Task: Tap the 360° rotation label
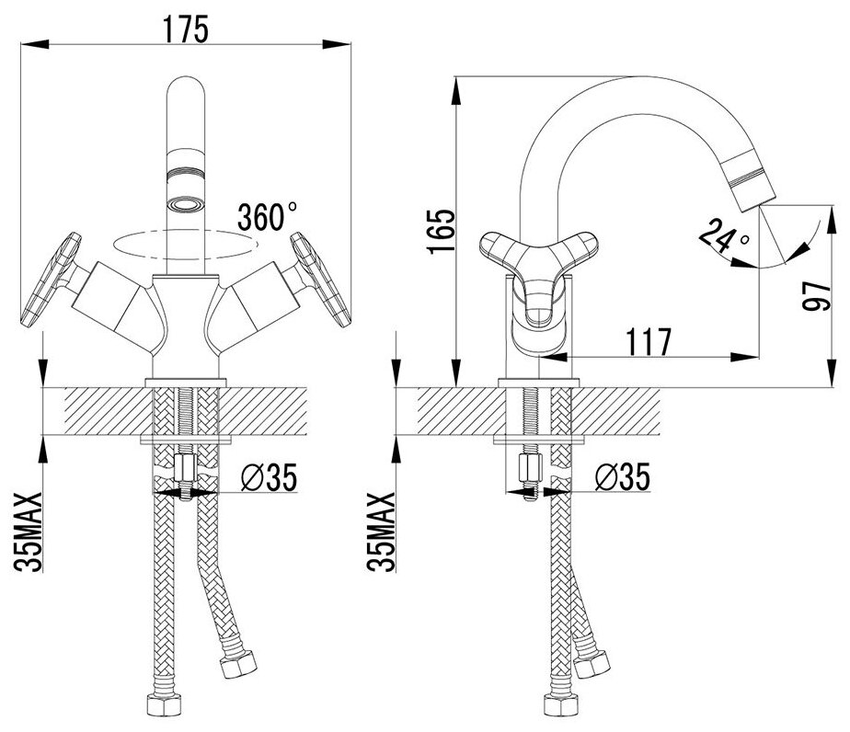pyautogui.click(x=267, y=218)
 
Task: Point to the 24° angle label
pyautogui.click(x=724, y=236)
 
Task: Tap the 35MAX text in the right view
pyautogui.click(x=381, y=533)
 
